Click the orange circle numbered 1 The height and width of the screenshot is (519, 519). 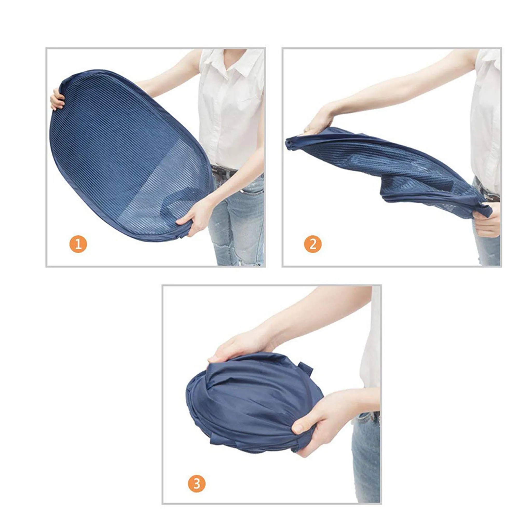point(78,244)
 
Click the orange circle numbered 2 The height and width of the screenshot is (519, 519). point(313,244)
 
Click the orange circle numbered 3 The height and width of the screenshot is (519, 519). point(197,476)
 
